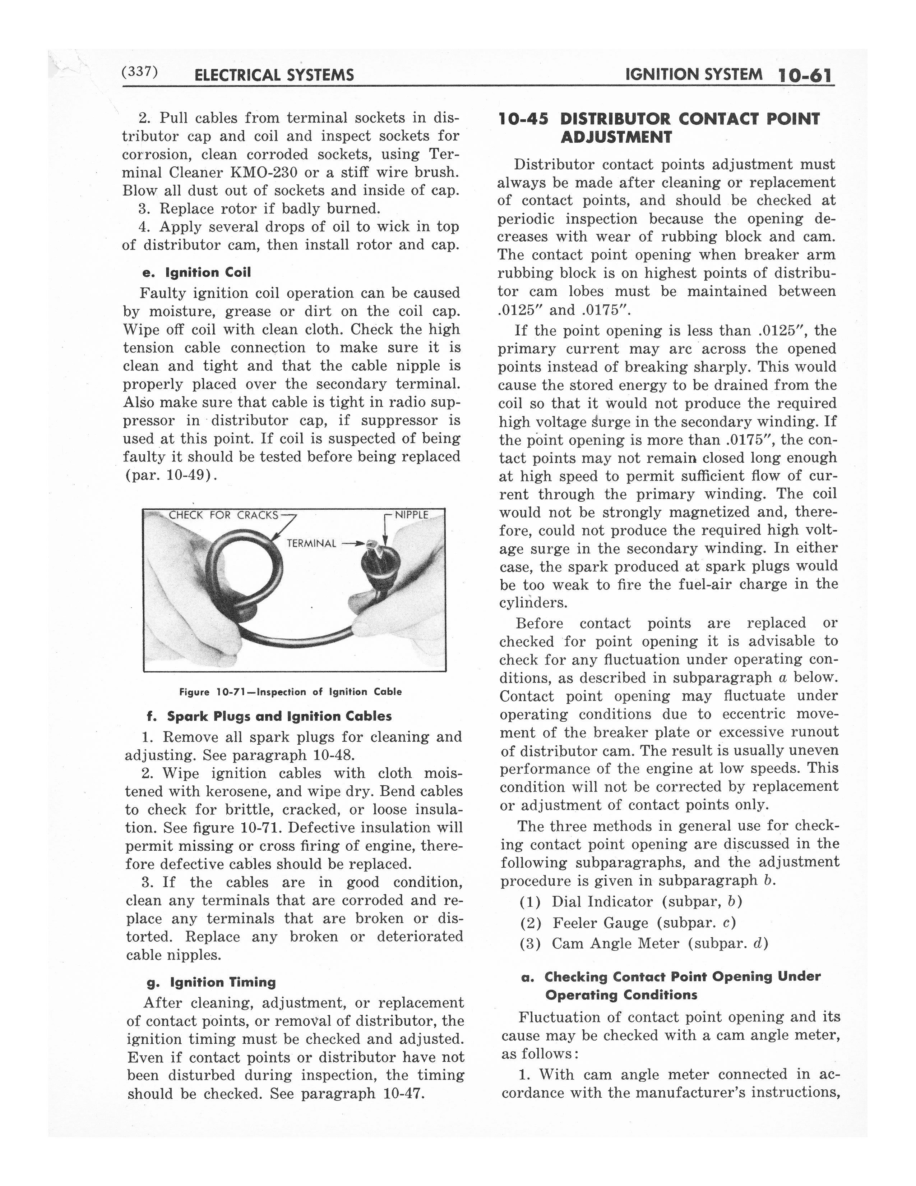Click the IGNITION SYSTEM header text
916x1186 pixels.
point(694,74)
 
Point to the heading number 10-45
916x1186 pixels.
point(523,119)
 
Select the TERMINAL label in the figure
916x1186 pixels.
point(311,543)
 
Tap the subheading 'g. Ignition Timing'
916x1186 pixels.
point(212,982)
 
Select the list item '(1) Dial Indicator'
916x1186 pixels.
point(630,902)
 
